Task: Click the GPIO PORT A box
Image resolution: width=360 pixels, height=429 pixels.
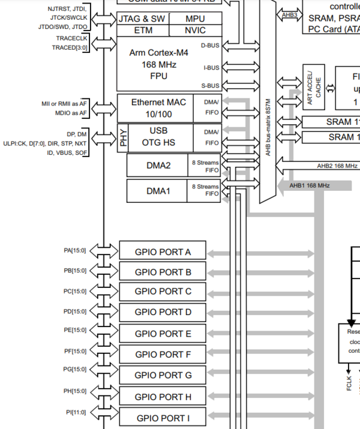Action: (163, 251)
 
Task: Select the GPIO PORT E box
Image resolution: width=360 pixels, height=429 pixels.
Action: (163, 334)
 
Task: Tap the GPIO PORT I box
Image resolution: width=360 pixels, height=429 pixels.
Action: (163, 418)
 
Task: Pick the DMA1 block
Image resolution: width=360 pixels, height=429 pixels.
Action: (157, 191)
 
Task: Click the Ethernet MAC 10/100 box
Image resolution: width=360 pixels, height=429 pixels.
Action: (158, 107)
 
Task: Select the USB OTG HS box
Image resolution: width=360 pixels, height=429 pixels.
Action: (158, 136)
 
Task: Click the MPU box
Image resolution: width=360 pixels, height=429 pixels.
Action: (195, 19)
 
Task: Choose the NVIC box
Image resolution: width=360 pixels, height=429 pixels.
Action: (195, 30)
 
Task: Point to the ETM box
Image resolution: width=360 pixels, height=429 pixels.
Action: (143, 30)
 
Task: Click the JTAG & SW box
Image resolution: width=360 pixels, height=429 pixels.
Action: (143, 19)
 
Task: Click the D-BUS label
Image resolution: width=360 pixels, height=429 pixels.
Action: (210, 45)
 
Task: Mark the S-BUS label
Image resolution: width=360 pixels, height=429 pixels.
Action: (210, 85)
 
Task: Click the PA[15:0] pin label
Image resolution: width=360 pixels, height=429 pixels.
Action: (75, 250)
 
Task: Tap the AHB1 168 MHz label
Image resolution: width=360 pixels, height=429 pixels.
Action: (310, 185)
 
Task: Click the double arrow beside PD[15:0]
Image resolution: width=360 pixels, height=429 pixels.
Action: (103, 311)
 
